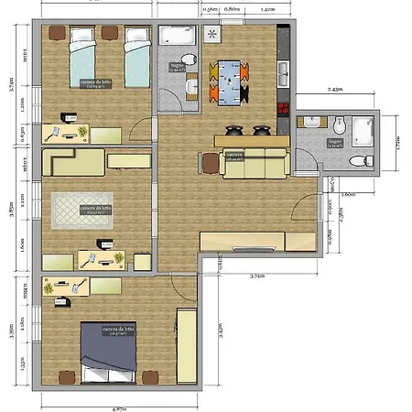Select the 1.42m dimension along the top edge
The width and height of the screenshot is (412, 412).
(266, 8)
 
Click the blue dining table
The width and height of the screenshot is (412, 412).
(230, 78)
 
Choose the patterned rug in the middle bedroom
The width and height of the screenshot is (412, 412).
(81, 211)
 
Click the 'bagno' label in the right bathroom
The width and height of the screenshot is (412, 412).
(335, 144)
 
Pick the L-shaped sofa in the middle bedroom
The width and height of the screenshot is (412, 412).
(73, 165)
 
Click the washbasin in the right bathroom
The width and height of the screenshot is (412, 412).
(314, 122)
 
